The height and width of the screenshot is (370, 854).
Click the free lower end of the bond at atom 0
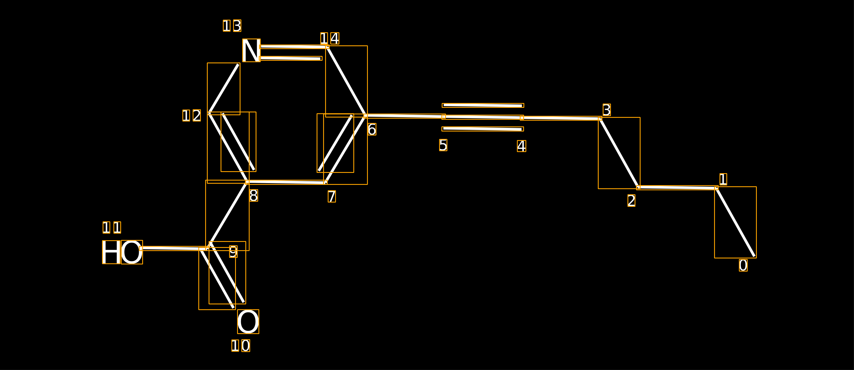click(755, 256)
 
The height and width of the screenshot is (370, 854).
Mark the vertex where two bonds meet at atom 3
click(600, 118)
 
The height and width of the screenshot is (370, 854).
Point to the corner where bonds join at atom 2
click(638, 187)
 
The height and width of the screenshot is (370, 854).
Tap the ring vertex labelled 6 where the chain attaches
click(365, 116)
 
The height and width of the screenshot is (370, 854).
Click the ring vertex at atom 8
click(247, 182)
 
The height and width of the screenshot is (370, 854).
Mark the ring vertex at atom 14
click(327, 47)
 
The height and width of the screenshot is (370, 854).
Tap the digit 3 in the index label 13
click(237, 26)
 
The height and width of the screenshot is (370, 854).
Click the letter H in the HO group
click(111, 252)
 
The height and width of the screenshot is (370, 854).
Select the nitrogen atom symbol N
click(251, 50)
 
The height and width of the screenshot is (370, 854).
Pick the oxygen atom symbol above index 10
click(248, 322)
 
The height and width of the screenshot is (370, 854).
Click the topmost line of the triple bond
click(483, 106)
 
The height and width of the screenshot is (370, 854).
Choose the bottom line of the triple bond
click(483, 129)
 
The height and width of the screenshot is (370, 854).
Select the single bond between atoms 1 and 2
click(677, 188)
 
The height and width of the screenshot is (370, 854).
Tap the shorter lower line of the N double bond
click(291, 58)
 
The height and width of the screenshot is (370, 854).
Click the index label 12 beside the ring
click(191, 116)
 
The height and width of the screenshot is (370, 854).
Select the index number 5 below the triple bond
click(443, 145)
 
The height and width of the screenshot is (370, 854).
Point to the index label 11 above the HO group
click(112, 228)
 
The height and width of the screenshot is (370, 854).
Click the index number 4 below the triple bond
click(521, 146)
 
